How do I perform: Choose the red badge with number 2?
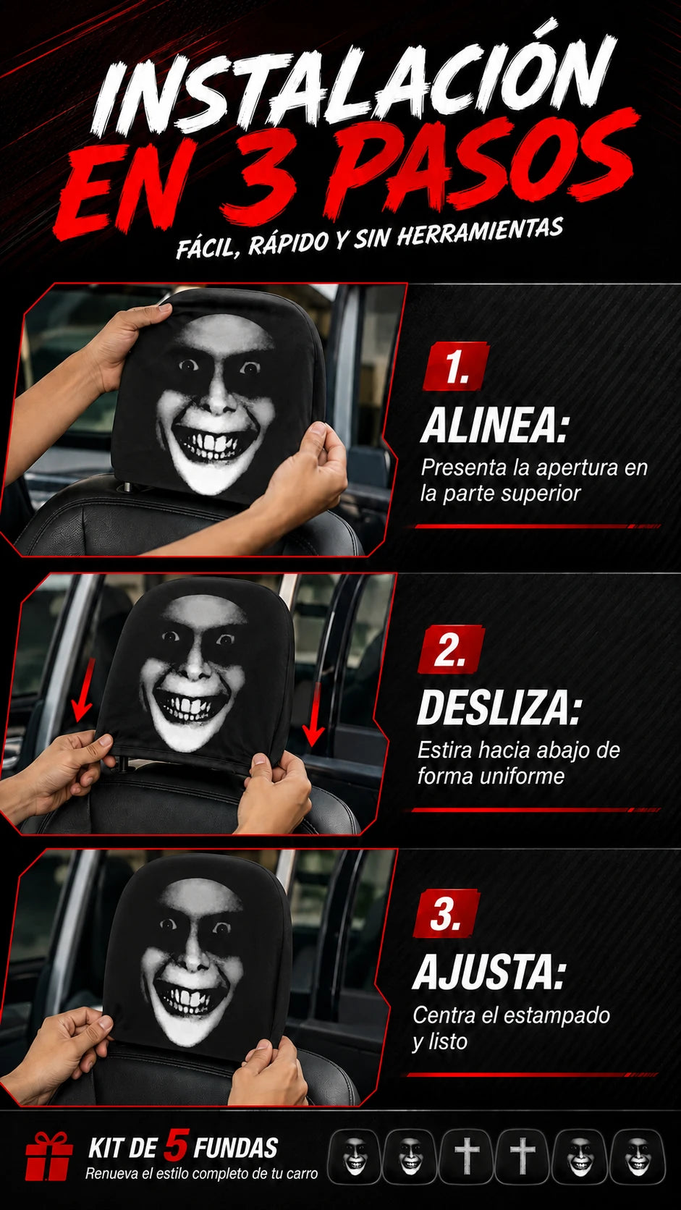point(451,650)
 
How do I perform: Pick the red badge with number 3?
point(446,913)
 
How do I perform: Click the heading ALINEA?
point(494,426)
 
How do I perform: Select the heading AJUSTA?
point(488,972)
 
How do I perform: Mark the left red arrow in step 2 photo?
point(85,690)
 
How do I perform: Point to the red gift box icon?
point(49,1156)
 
